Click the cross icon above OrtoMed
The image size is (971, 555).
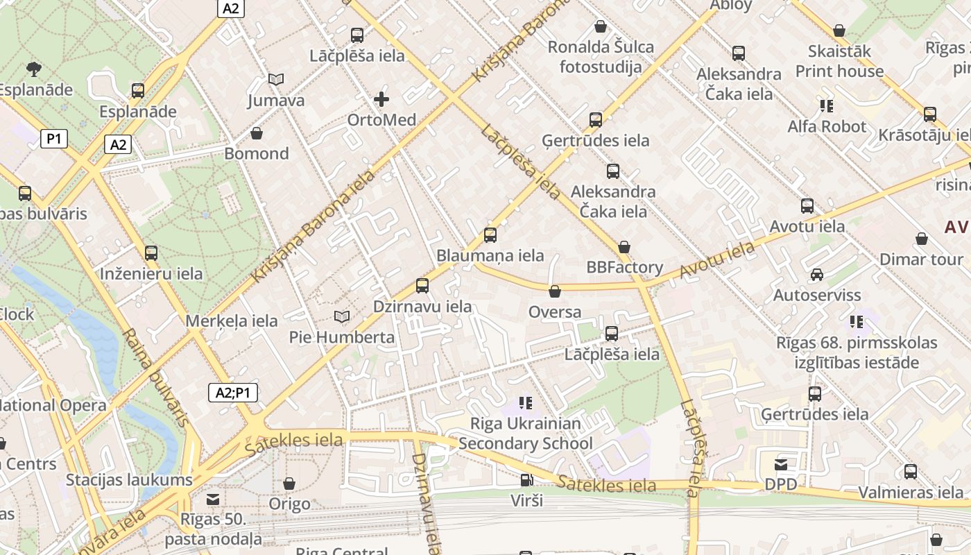pos(381,99)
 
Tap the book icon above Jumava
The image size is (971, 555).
pos(276,80)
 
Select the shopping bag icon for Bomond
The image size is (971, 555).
pos(257,133)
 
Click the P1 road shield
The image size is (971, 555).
pos(54,139)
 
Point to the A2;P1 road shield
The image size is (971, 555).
pos(233,393)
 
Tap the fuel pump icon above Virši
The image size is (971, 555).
pos(526,480)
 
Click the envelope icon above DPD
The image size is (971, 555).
pos(781,464)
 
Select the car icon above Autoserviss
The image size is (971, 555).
pos(817,275)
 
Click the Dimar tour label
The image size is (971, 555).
pos(921,259)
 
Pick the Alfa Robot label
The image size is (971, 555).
pos(827,126)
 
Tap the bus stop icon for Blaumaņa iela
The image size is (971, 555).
pos(490,235)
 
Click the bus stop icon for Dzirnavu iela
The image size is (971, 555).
pos(422,286)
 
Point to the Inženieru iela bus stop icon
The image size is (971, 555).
pos(151,253)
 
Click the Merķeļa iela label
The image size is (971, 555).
pos(232,321)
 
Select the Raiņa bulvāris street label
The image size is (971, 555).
pos(156,377)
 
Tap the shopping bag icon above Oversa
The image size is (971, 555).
pos(554,291)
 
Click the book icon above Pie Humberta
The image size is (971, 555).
pos(341,317)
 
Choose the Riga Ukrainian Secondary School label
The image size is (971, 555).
pos(526,433)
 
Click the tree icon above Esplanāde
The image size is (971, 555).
pos(33,69)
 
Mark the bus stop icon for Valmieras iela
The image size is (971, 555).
pos(911,472)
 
